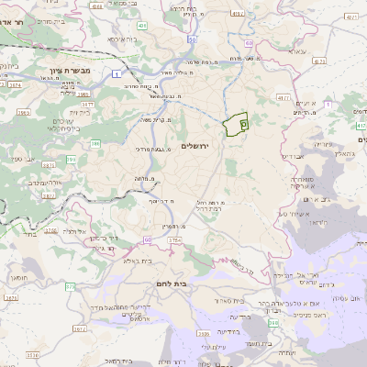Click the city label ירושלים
point(195,147)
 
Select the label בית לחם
point(172,284)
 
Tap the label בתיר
point(24,235)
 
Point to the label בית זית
point(79,112)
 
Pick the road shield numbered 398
point(273,323)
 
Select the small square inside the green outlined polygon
point(243,122)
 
